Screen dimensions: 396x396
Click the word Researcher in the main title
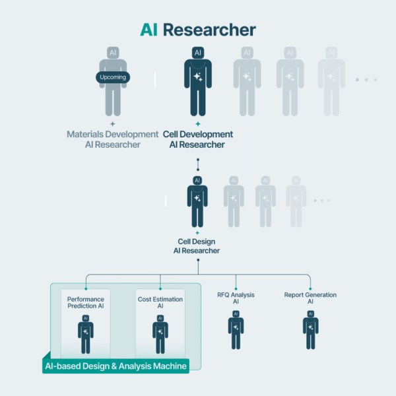209,30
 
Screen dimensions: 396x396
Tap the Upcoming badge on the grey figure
113,77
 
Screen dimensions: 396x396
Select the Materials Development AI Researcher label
113,139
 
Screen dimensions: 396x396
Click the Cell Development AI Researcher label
197,139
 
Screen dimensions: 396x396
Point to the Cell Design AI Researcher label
197,246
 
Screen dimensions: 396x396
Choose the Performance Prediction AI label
86,303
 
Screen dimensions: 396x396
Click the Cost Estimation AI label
160,303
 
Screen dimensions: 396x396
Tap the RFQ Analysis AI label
236,298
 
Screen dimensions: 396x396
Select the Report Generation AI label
310,298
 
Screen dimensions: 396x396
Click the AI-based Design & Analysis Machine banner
116,366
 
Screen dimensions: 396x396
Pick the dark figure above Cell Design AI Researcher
197,201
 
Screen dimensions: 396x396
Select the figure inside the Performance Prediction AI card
86,334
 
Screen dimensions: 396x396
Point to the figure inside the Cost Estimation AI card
160,334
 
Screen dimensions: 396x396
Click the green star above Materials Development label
113,123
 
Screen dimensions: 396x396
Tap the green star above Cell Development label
197,123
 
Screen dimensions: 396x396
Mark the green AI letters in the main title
149,30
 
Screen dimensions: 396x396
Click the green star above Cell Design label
197,233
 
